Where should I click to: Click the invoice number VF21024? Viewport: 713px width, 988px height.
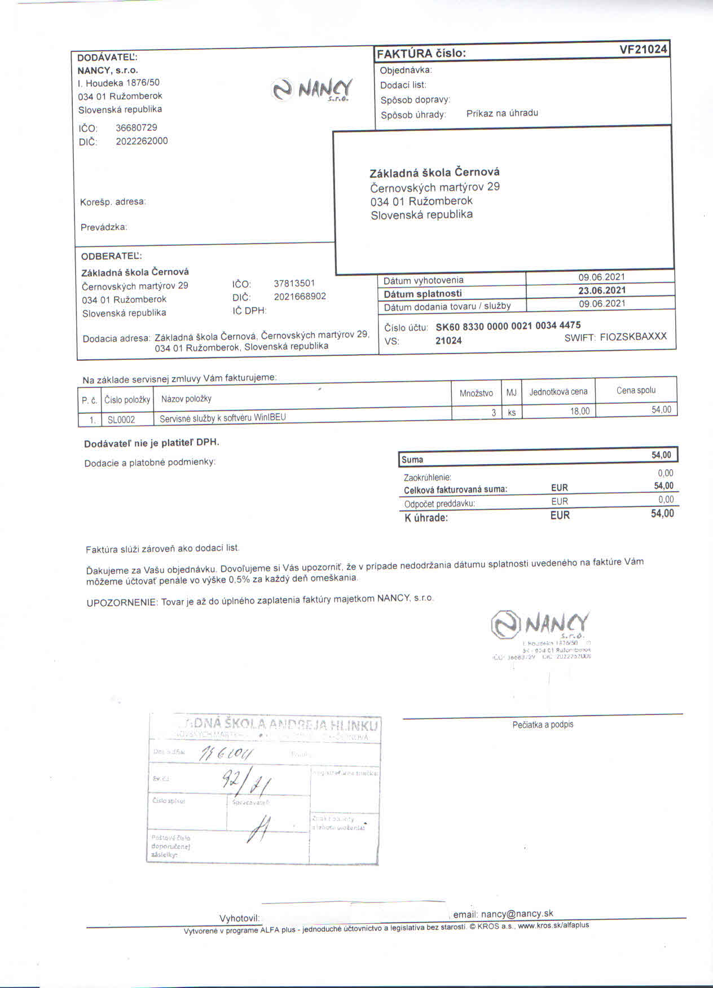tap(643, 50)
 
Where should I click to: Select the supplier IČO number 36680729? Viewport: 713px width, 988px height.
tap(137, 127)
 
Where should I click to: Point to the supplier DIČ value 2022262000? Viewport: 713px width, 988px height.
tap(142, 141)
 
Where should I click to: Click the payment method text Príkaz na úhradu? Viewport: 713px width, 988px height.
tap(502, 113)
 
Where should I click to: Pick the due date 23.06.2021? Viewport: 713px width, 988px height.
tap(602, 290)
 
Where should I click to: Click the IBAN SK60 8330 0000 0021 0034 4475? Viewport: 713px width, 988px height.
tap(508, 326)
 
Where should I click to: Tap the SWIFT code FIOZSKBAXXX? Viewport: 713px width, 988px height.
tap(633, 337)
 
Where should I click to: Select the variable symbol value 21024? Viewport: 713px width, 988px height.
tap(448, 341)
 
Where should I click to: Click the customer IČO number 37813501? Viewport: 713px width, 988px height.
tap(294, 283)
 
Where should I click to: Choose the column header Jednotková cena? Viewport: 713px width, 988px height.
tap(558, 391)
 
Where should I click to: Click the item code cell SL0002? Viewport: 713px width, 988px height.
tap(121, 420)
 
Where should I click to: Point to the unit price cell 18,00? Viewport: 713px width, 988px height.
tap(579, 411)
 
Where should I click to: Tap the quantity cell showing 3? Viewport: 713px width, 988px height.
tap(494, 412)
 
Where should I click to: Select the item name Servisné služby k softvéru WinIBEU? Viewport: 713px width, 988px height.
tap(223, 418)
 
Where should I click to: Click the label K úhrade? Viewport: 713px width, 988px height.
tap(426, 518)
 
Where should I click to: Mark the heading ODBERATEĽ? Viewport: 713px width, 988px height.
tap(112, 256)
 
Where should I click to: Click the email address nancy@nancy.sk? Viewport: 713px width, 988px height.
tap(517, 914)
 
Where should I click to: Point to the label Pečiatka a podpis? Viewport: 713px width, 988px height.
tap(543, 725)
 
